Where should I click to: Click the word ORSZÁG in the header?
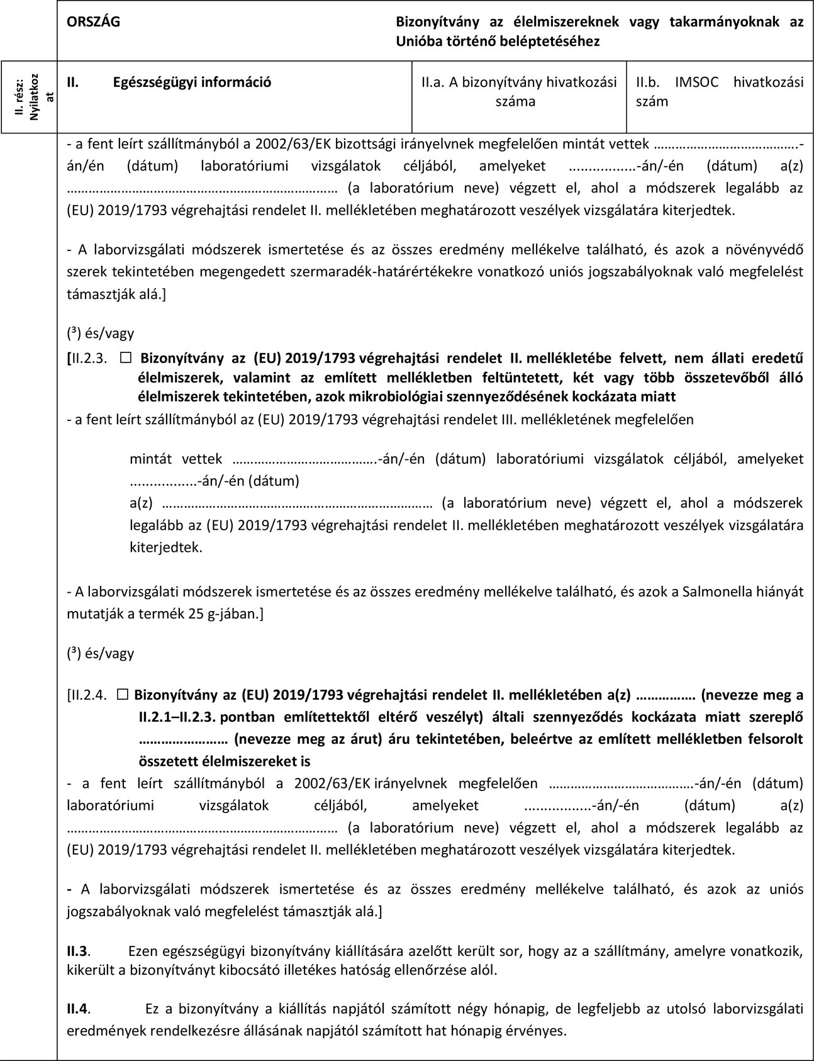pyautogui.click(x=94, y=21)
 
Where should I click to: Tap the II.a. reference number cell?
pyautogui.click(x=519, y=91)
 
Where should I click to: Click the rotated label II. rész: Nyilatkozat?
pyautogui.click(x=28, y=98)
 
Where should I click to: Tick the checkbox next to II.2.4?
pyautogui.click(x=123, y=695)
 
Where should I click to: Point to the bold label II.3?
pyautogui.click(x=79, y=950)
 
